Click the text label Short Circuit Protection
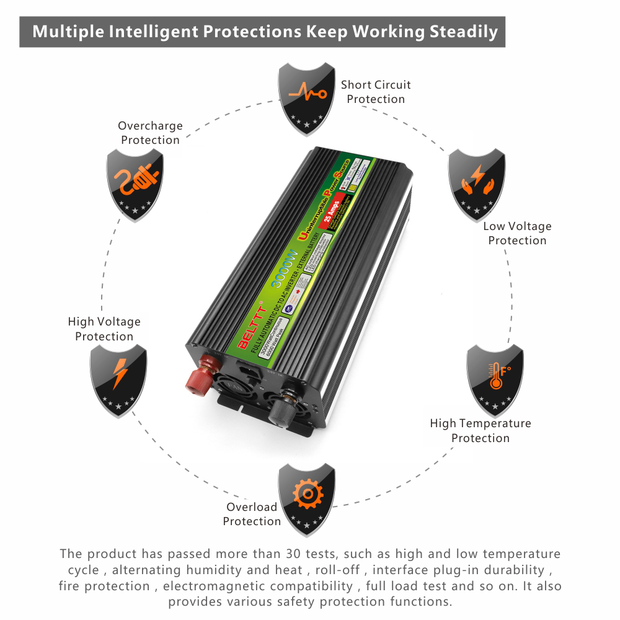(376, 92)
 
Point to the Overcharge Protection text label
(150, 133)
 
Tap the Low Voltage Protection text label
(517, 233)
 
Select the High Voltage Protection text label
(104, 329)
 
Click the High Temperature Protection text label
(480, 430)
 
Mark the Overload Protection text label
(252, 514)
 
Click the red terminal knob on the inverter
(200, 376)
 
